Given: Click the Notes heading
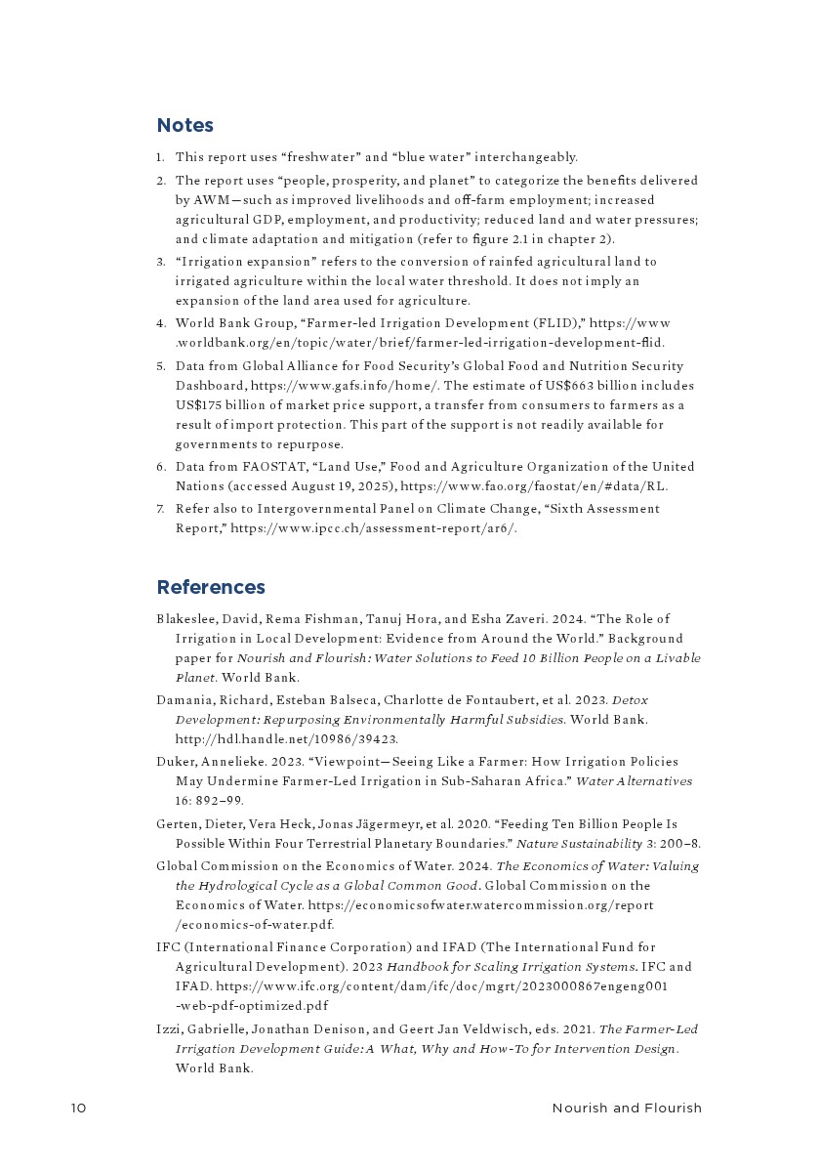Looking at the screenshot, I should click(184, 126).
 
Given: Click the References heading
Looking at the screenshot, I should click(211, 587).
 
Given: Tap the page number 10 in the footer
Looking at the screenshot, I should click(78, 1109).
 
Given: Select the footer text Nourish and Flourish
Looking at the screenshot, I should click(627, 1109).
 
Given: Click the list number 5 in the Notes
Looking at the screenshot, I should click(160, 366).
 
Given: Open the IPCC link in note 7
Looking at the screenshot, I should click(374, 528).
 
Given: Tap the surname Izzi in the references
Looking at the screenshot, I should click(168, 1029).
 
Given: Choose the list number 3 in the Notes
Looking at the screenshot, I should click(160, 262).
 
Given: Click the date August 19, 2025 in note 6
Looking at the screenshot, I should click(337, 486).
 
